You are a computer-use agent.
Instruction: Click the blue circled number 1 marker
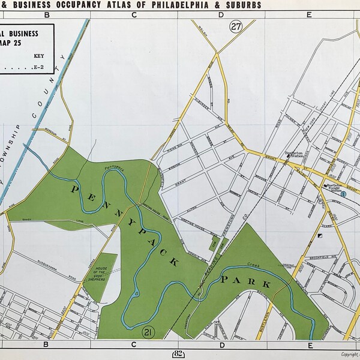343,194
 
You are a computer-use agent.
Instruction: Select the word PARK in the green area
245,281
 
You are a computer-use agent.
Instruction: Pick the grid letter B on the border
46,346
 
